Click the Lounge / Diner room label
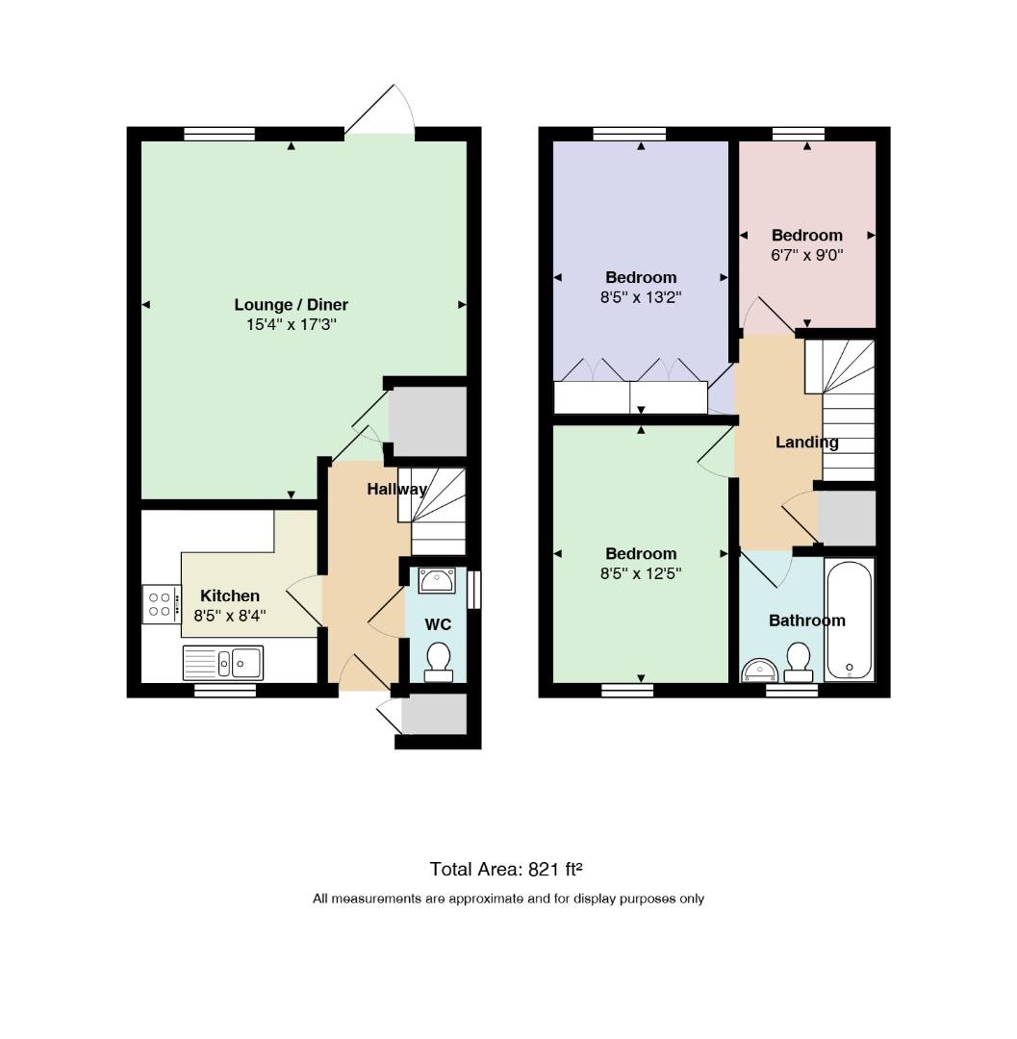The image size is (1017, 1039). [291, 305]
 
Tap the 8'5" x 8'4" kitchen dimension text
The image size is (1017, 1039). [230, 616]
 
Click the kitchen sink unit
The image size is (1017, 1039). [223, 663]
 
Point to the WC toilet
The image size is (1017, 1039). [438, 662]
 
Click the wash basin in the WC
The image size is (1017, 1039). [437, 580]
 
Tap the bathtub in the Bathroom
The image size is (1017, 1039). [850, 620]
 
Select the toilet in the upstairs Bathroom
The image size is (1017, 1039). [799, 662]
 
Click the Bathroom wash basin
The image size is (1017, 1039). [760, 670]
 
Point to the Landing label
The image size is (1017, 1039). [807, 442]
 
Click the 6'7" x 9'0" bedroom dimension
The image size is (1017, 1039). [807, 255]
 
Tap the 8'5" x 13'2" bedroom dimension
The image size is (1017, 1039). [641, 297]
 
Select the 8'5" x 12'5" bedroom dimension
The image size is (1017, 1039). [641, 573]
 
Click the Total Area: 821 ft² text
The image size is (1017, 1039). [506, 869]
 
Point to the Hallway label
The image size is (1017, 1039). [396, 489]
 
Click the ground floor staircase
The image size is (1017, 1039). [432, 512]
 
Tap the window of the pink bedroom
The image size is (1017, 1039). [799, 134]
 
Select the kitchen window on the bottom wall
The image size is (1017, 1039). [225, 691]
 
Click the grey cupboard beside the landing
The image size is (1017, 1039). [847, 519]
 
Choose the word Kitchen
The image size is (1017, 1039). [230, 596]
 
